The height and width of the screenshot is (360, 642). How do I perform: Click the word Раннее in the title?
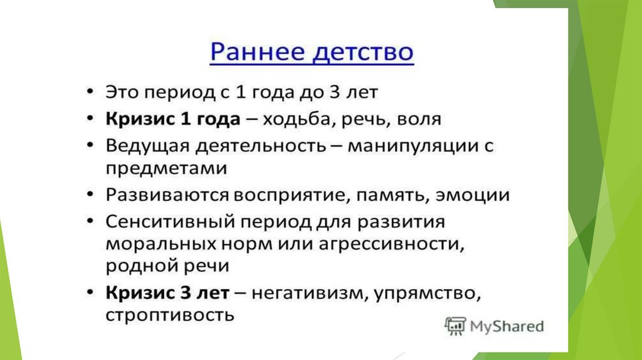click(258, 52)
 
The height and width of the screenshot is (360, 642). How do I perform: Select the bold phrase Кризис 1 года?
click(173, 119)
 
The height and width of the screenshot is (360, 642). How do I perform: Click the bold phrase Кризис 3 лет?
click(167, 293)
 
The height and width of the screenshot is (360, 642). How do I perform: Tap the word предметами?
click(166, 168)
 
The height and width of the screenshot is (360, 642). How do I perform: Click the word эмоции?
click(473, 195)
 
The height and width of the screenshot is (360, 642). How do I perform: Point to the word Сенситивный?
click(170, 222)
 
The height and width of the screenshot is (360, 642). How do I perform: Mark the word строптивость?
click(170, 315)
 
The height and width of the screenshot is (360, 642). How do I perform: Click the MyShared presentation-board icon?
click(455, 326)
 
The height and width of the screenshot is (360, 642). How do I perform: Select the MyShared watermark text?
click(507, 326)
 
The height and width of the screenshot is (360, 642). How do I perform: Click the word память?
click(393, 196)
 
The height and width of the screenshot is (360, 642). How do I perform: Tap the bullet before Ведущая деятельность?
click(90, 146)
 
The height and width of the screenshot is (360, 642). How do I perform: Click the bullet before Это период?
click(90, 92)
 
